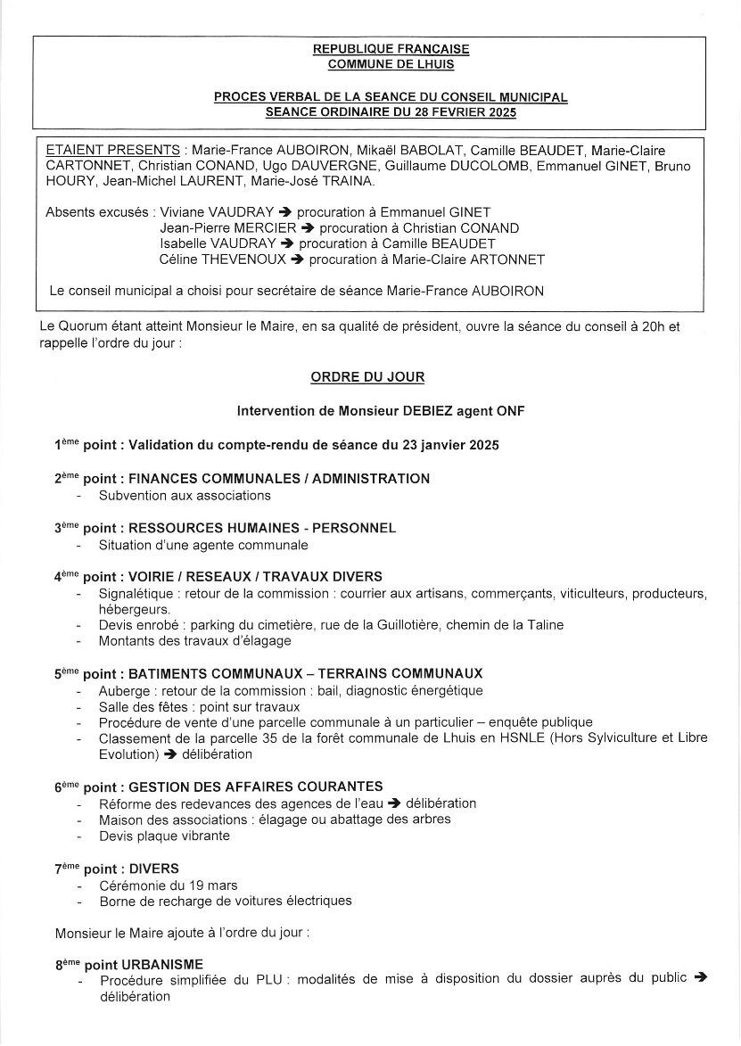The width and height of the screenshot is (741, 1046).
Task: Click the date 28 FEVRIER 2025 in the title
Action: tap(465, 112)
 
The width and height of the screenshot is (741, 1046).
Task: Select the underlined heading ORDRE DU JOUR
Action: tap(367, 377)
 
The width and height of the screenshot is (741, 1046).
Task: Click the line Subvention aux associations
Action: tap(185, 495)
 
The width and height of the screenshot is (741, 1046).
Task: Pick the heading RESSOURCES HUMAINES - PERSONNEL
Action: tap(262, 528)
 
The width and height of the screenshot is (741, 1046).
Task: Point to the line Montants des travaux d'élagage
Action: tap(194, 640)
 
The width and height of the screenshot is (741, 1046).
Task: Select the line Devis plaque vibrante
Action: tap(164, 836)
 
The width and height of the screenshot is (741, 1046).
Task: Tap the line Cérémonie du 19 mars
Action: tap(168, 885)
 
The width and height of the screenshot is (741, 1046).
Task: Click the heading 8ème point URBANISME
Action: tap(129, 964)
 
